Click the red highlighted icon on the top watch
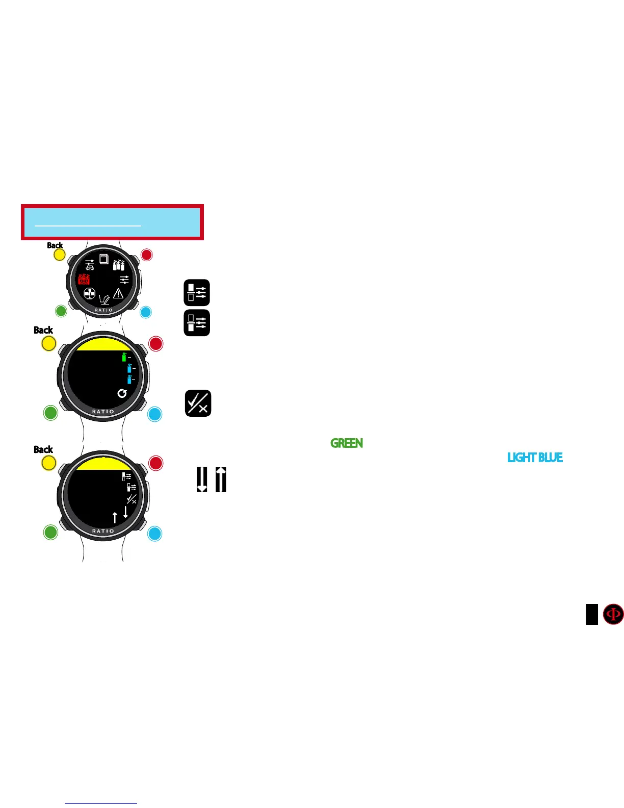pos(84,279)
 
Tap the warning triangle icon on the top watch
pos(118,293)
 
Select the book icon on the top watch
pos(104,259)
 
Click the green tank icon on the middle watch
pos(124,357)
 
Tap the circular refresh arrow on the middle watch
pos(122,393)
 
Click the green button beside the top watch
pos(61,311)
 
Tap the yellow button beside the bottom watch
pos(48,463)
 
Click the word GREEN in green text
pos(347,443)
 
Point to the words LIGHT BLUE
pos(535,458)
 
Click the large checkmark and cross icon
pos(198,403)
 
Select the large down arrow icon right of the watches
pos(202,479)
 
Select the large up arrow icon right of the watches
pos(221,479)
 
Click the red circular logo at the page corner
pos(613,614)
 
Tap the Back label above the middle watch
pos(43,330)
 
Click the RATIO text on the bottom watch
pos(103,531)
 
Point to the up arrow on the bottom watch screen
pos(115,517)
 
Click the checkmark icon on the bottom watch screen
pos(132,499)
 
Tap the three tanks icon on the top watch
pos(119,264)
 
